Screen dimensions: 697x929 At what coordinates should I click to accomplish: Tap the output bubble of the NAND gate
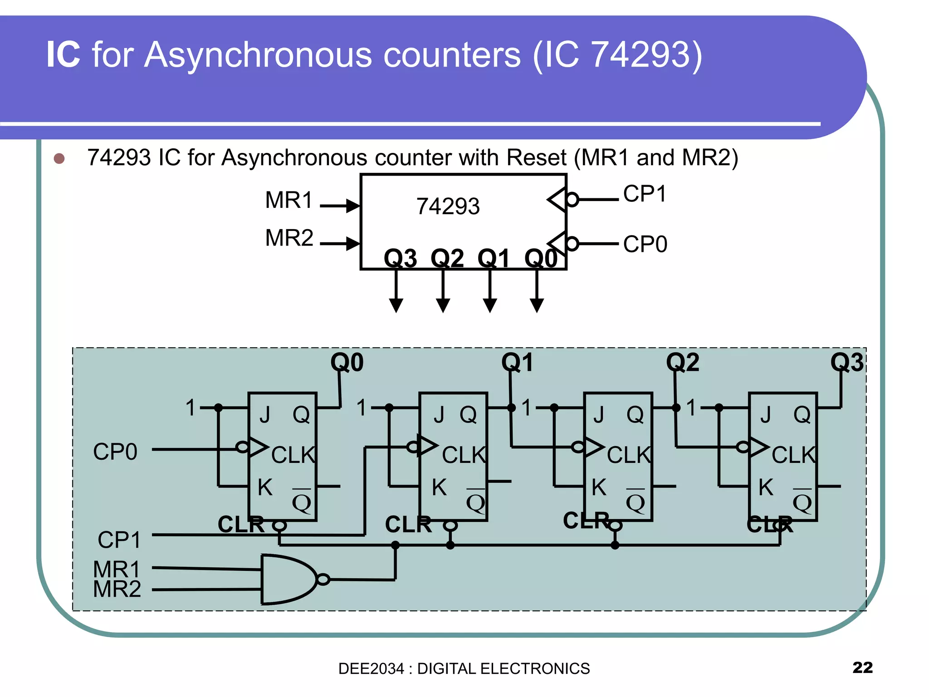point(323,579)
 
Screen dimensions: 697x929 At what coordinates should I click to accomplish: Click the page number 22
point(862,668)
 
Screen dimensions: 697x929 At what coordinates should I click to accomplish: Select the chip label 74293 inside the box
point(448,206)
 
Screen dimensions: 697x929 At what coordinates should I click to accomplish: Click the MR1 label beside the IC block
point(289,200)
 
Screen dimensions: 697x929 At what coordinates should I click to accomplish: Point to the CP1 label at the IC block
point(645,194)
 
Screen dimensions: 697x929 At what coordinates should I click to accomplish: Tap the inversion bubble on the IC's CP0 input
point(572,244)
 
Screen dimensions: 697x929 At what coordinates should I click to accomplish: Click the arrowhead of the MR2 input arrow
point(353,244)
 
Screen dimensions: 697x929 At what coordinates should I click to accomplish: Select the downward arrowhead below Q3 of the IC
point(396,305)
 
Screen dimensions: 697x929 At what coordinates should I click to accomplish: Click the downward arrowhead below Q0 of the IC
point(537,305)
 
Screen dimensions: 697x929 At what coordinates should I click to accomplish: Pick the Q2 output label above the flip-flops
point(682,362)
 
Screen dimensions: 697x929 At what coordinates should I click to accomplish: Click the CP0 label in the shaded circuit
point(115,452)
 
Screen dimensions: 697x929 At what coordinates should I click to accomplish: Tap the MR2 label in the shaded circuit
point(117,589)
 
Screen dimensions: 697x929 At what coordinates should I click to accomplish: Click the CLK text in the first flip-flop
point(293,455)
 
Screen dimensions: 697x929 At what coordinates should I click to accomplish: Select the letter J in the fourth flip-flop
point(766,415)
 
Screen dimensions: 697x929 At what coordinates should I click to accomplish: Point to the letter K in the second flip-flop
point(439,487)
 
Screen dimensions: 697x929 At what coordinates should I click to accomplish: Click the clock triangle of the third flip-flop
point(593,447)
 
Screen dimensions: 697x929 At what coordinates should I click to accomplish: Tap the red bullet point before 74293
point(59,158)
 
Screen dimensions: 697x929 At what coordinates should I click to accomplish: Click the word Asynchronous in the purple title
point(332,55)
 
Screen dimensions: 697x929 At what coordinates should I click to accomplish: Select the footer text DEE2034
point(371,669)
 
